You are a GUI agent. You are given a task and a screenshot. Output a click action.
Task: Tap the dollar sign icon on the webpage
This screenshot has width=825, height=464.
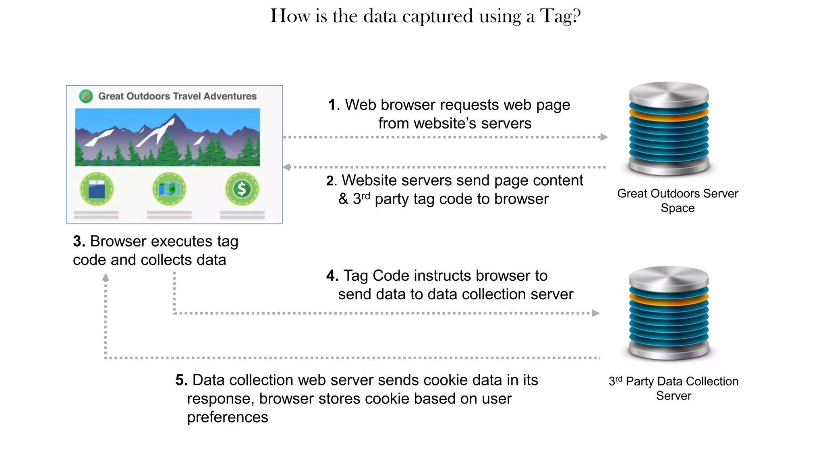tap(242, 189)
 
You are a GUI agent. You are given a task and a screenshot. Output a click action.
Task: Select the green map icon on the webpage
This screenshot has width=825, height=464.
tap(169, 189)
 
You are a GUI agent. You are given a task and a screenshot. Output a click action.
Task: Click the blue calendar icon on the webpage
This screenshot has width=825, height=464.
tap(97, 189)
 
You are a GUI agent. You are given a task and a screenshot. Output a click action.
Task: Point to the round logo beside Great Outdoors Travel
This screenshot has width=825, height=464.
tap(86, 96)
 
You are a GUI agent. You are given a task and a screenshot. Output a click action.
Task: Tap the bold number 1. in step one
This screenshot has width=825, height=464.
tap(334, 105)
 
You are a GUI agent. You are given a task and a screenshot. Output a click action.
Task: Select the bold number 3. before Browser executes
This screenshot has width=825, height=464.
tap(79, 241)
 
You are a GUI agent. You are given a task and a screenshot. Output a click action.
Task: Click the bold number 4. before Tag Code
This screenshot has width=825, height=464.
tap(332, 275)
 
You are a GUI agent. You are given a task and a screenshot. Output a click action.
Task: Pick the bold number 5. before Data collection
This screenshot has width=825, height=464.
tap(181, 380)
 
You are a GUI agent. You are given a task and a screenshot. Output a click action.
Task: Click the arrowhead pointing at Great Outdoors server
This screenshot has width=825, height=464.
tap(603, 137)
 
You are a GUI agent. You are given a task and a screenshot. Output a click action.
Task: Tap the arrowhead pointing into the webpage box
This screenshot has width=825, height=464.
tap(287, 167)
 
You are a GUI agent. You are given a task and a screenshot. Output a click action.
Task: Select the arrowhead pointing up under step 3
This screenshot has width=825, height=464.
tap(106, 278)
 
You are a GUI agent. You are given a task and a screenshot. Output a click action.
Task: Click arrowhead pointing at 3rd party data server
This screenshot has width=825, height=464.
tap(596, 313)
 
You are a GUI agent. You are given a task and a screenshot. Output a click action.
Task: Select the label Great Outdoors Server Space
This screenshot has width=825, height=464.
tap(678, 201)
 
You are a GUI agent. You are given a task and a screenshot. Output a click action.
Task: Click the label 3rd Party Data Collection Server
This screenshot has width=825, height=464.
tap(674, 388)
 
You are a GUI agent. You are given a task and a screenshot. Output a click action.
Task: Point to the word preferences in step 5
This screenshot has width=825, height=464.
tap(228, 417)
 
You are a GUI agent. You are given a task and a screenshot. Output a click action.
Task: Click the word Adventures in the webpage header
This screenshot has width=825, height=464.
tap(230, 96)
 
